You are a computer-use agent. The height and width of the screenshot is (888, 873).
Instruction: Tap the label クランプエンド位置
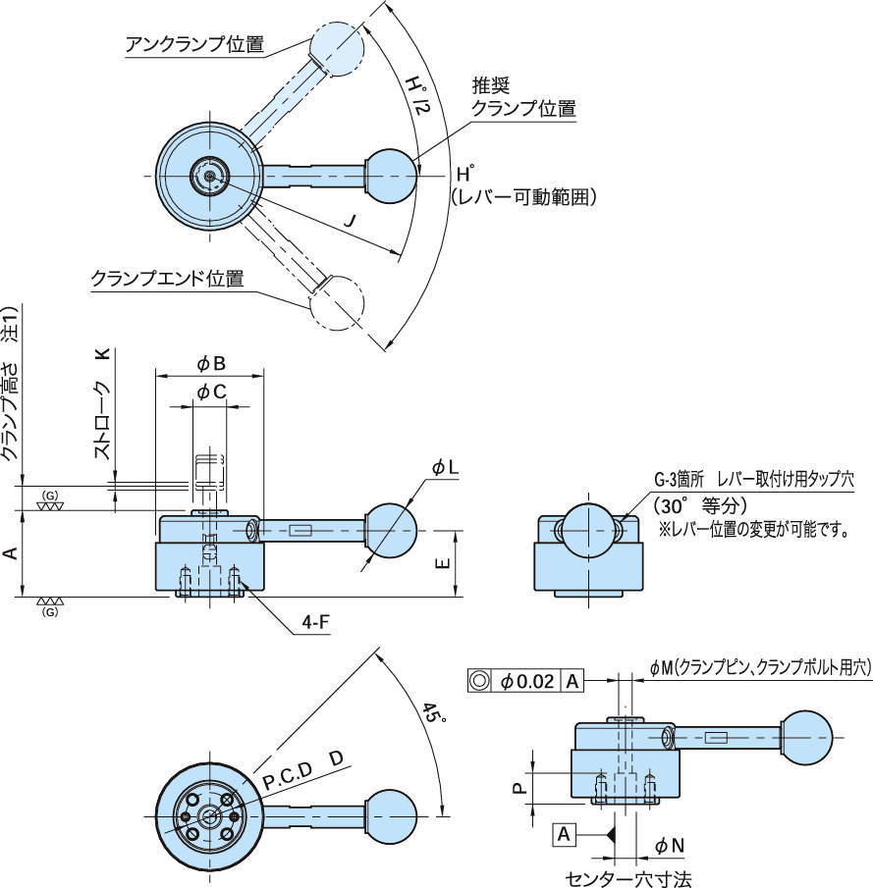(x=167, y=279)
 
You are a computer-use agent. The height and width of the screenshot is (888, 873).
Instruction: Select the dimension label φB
(x=211, y=364)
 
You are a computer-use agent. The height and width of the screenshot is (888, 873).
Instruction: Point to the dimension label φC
(x=211, y=392)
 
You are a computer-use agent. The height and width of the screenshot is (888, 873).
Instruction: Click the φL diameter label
(x=445, y=469)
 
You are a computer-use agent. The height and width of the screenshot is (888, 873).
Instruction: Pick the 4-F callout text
(x=314, y=622)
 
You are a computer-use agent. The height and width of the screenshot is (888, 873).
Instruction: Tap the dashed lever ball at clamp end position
(x=337, y=302)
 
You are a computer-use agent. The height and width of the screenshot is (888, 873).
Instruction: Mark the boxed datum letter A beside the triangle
(x=564, y=835)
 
